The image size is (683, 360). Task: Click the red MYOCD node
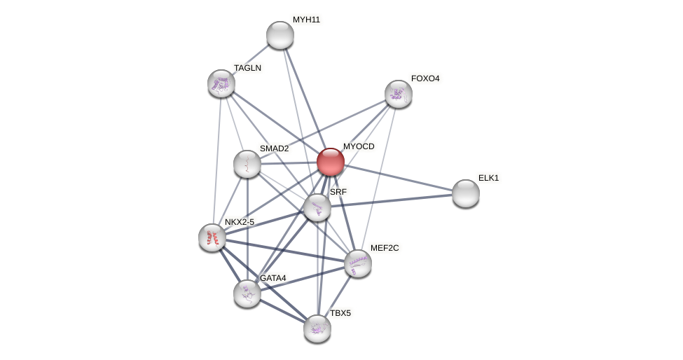331,162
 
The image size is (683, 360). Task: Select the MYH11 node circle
280,35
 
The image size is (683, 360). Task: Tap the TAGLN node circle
221,83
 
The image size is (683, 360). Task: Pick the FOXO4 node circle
398,94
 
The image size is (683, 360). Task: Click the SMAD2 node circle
247,164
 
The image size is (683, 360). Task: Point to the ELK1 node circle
465,193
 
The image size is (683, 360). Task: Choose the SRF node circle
317,207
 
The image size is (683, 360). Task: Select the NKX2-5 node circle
212,237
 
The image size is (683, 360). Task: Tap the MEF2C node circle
358,263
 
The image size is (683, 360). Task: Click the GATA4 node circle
247,293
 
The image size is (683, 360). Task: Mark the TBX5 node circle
317,328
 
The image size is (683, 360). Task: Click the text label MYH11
306,20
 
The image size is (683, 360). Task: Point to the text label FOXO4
425,78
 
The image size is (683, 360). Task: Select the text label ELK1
488,178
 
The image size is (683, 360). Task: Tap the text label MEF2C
385,248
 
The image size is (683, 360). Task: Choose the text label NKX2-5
240,222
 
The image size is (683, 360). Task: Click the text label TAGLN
247,68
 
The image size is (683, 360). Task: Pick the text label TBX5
340,313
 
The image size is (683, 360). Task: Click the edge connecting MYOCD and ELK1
399,178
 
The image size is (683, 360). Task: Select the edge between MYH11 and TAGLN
251,59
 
